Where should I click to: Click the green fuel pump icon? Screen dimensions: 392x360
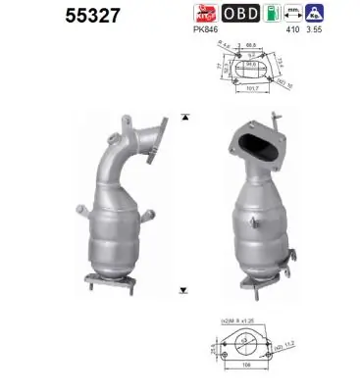click(x=283, y=14)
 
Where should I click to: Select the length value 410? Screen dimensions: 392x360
click(x=311, y=31)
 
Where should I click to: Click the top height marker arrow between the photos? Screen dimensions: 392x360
click(x=183, y=117)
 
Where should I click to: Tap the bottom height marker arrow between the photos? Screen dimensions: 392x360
click(x=183, y=290)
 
